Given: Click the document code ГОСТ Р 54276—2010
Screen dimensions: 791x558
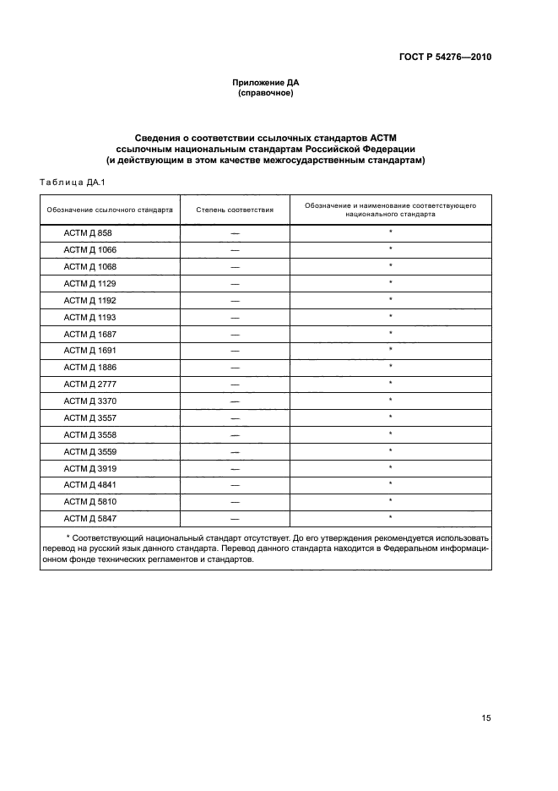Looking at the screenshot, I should (x=444, y=57).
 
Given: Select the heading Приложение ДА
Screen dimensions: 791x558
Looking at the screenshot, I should (x=266, y=82).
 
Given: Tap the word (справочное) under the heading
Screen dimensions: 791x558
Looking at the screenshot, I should (x=266, y=93).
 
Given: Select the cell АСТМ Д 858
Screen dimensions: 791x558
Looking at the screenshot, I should (x=88, y=232).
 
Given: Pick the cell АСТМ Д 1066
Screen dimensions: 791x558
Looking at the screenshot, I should (x=89, y=249).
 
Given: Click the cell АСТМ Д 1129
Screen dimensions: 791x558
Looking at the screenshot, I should (x=89, y=283).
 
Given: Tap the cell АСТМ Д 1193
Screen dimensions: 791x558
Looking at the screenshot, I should (x=89, y=317).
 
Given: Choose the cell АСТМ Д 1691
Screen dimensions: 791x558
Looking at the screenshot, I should (x=89, y=350).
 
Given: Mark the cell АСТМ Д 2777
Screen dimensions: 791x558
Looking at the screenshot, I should (x=89, y=384).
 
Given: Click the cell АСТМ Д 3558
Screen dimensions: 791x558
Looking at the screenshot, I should (x=89, y=434).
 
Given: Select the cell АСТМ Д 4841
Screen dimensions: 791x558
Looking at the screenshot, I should (x=89, y=484).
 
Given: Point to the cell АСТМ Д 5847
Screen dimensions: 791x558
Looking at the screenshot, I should (x=89, y=518).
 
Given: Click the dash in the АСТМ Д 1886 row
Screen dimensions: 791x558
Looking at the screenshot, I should (x=235, y=368).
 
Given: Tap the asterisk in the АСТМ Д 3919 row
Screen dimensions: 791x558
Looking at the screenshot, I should (x=391, y=467).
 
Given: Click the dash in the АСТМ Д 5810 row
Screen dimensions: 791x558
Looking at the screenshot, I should (x=235, y=502).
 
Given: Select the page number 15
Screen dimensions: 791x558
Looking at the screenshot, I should (x=486, y=718).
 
